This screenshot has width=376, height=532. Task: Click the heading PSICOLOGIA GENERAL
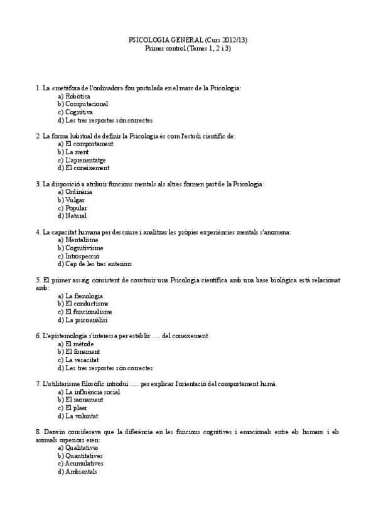[x=165, y=40]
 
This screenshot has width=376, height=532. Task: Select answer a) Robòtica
[x=74, y=96]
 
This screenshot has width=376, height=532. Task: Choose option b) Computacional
[x=83, y=104]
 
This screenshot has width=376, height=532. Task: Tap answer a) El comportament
[x=85, y=144]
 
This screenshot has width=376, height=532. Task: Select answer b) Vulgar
[x=71, y=199]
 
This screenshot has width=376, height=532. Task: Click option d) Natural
[x=72, y=216]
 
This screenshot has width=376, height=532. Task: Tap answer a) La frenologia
[x=80, y=295]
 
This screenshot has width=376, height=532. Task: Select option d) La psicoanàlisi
[x=83, y=320]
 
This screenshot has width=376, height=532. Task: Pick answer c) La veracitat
[x=80, y=360]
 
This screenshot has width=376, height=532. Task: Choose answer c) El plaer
[x=72, y=408]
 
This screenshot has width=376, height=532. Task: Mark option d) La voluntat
[x=78, y=416]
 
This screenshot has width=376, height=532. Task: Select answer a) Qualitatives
[x=78, y=448]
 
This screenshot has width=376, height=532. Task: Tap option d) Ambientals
[x=77, y=472]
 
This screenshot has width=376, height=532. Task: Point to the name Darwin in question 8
[x=55, y=432]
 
